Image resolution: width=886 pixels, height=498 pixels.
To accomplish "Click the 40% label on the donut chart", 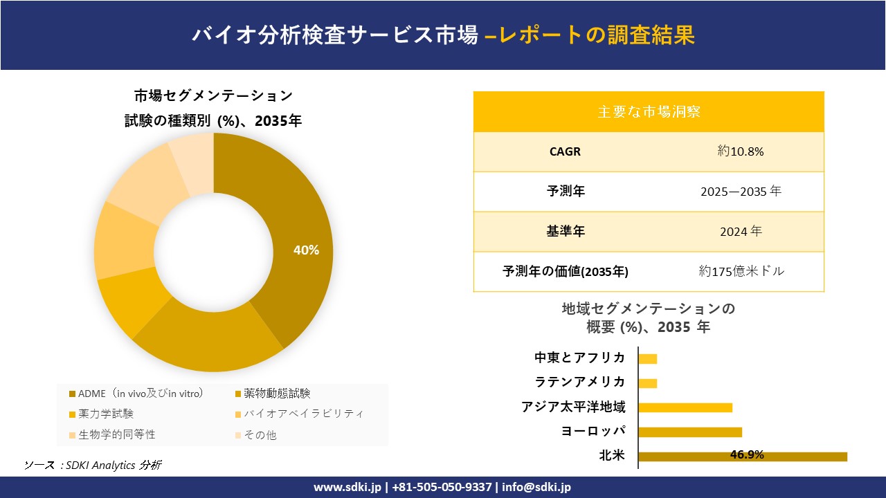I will tap(306, 250).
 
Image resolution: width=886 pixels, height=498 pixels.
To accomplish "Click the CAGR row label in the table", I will tap(565, 151).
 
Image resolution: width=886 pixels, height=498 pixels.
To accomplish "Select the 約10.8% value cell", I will tap(741, 151).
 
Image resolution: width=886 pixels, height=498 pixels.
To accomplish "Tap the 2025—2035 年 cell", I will tap(741, 192).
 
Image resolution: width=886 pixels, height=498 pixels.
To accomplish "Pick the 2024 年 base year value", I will tap(741, 232).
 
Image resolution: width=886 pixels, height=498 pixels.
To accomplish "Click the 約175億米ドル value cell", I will tap(741, 271).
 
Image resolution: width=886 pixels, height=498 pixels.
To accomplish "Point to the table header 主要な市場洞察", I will tap(649, 111).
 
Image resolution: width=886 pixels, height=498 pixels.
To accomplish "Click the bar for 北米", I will tap(742, 456).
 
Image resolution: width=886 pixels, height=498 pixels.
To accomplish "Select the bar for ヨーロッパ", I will tap(690, 432).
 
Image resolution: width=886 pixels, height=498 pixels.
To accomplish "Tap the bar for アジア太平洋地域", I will tap(685, 407).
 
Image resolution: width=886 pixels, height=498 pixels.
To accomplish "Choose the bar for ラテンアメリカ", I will tap(648, 382).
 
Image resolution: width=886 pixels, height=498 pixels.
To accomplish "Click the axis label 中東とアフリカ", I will tap(579, 358).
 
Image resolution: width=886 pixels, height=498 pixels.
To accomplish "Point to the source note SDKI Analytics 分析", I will tap(93, 465).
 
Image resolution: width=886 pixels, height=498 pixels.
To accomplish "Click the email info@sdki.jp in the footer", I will tap(537, 487).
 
